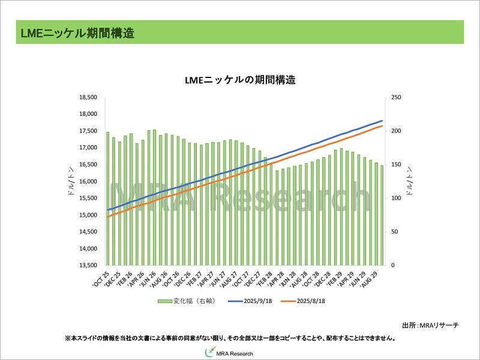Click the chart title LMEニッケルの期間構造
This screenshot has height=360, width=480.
pyautogui.click(x=240, y=80)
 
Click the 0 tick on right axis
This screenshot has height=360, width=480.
pyautogui.click(x=392, y=265)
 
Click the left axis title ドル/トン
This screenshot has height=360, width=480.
pyautogui.click(x=71, y=181)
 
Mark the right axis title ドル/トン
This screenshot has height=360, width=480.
pyautogui.click(x=410, y=181)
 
